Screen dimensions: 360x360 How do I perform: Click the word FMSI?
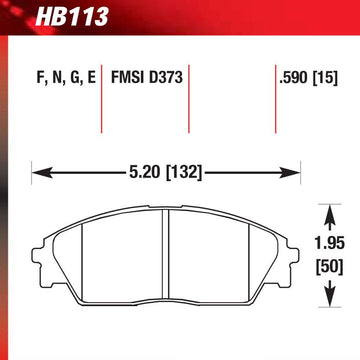127,76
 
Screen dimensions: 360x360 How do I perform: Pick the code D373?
163,76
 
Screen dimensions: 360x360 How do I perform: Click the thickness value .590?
292,76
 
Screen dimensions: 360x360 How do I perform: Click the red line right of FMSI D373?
189,100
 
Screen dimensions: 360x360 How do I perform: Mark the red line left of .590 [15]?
276,100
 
